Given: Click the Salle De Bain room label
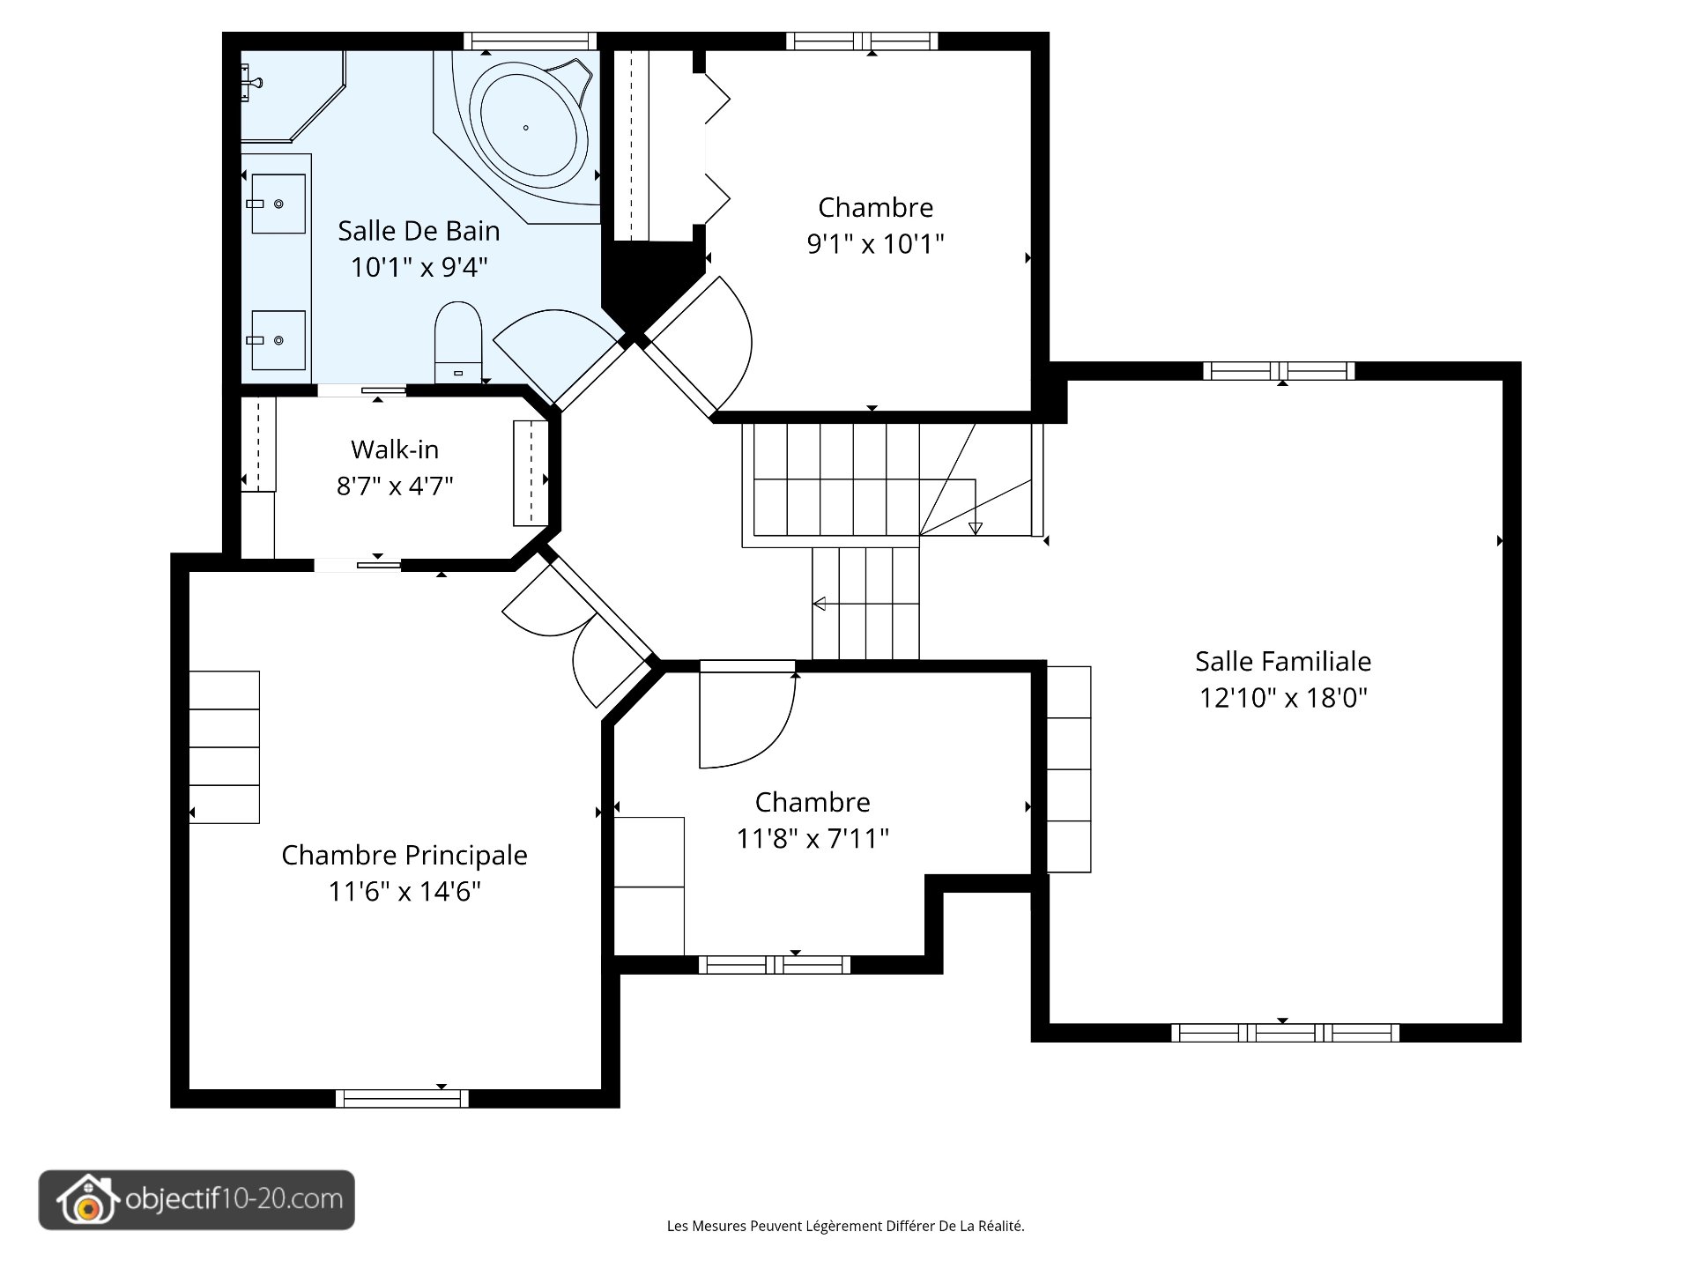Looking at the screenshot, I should (419, 231).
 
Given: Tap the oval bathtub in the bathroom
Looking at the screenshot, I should (527, 129).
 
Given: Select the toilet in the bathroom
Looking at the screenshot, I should (458, 339).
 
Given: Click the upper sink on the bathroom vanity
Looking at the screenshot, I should (278, 204).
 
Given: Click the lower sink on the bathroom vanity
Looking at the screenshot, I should (278, 340).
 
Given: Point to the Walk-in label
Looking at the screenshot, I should (395, 449).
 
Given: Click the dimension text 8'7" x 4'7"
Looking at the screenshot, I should (395, 486).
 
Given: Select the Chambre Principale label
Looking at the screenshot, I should (404, 855).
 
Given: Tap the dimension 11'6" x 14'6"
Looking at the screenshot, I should (404, 891).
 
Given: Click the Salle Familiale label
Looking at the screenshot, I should (1283, 661).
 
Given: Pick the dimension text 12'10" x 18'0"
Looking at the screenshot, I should (1283, 698).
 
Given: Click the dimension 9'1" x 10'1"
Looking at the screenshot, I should (875, 243).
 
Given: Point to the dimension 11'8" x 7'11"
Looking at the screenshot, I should (813, 838).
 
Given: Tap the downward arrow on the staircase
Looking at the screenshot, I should (975, 527).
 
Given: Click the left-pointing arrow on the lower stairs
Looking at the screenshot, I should (820, 604).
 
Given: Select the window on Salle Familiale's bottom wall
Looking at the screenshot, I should (1285, 1032).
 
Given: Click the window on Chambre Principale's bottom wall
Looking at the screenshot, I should (402, 1098).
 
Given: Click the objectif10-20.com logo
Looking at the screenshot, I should (197, 1199).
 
